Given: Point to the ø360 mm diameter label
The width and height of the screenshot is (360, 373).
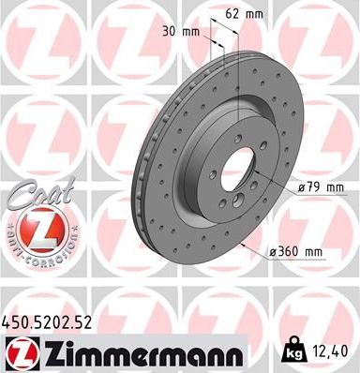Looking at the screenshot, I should point(294,251).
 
